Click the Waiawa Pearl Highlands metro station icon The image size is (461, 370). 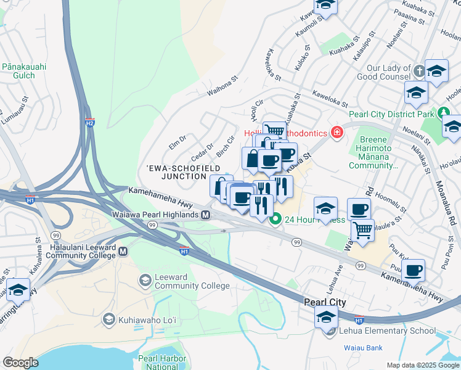click(206, 215)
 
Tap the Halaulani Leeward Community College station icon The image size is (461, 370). click(123, 251)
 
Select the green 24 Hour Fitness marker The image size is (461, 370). click(276, 219)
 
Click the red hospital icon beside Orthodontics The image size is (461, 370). click(337, 132)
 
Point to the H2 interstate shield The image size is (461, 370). click(90, 123)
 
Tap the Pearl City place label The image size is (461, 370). click(325, 302)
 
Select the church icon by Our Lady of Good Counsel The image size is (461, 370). click(419, 71)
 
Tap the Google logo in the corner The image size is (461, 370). click(20, 363)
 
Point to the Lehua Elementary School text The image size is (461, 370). click(387, 331)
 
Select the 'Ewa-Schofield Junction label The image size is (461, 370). click(176, 172)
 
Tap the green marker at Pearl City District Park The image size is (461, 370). click(443, 114)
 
